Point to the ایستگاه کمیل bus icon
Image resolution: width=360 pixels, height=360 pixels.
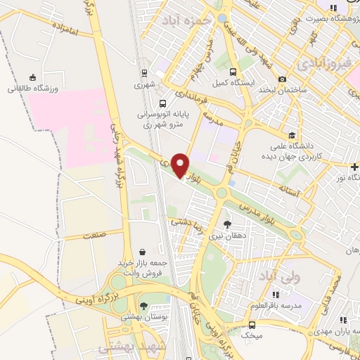tap(233, 72)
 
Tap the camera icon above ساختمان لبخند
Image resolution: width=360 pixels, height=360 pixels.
tap(282, 79)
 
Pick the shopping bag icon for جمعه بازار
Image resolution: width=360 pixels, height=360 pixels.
tap(143, 250)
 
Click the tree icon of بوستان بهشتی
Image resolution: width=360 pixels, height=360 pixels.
tap(144, 306)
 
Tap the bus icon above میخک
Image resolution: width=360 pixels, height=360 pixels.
tap(252, 325)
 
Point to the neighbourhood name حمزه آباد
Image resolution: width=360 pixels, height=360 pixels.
tap(186, 21)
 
